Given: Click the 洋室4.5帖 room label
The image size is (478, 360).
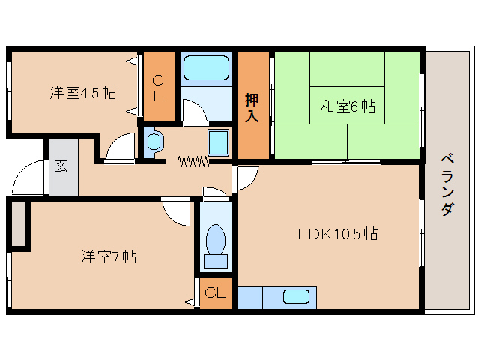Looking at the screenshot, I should [x=82, y=93].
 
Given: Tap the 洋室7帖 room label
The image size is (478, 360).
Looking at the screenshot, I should [x=109, y=256].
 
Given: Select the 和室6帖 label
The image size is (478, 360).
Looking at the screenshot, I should [x=348, y=106].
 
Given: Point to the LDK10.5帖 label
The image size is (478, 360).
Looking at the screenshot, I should [x=337, y=233].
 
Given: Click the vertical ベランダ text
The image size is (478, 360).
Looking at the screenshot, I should [x=447, y=184].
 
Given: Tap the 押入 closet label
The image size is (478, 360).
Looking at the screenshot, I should [x=252, y=106].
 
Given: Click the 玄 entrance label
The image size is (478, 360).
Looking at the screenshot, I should [x=61, y=167].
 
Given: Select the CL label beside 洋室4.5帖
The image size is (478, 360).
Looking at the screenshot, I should [x=158, y=88].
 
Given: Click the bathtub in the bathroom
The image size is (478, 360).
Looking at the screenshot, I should [x=206, y=70].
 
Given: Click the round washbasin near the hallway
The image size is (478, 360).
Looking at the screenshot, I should [x=154, y=141].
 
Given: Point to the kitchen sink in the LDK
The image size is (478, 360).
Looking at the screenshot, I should [x=298, y=296].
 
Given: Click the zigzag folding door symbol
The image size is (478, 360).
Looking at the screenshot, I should [x=192, y=160].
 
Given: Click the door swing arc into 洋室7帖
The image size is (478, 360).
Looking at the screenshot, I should [x=177, y=214].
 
